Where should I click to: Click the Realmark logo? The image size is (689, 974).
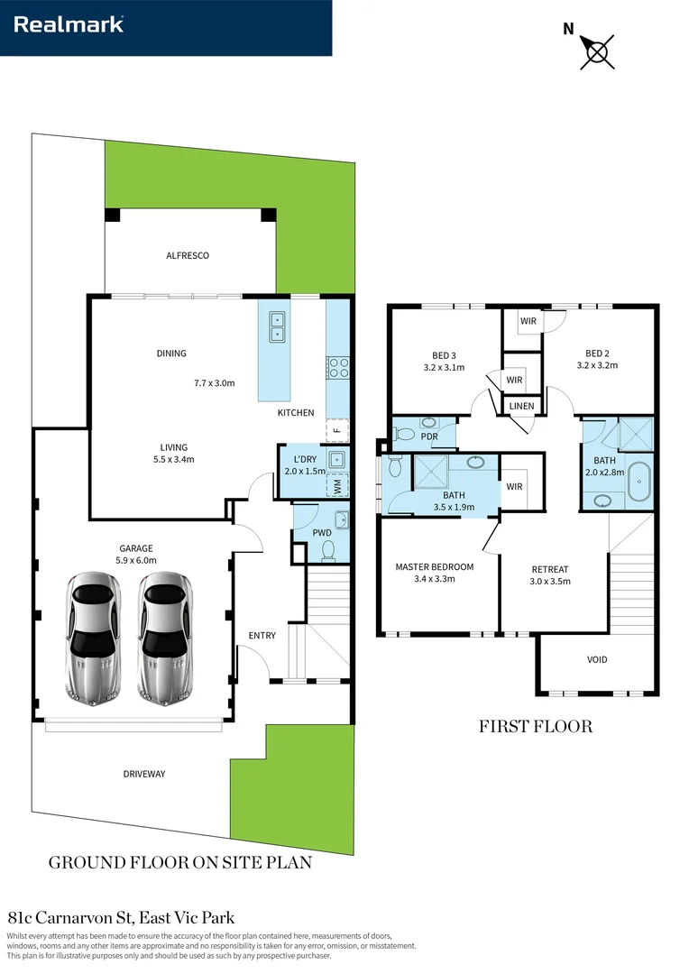click(x=69, y=25)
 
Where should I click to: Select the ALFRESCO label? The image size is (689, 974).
click(x=188, y=255)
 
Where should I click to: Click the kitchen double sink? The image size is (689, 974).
click(x=277, y=326)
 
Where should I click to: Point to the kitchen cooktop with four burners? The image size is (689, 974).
click(x=337, y=367)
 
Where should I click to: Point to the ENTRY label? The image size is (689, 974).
click(x=262, y=636)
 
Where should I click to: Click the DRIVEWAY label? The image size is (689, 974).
click(x=144, y=774)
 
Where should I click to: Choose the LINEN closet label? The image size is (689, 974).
click(x=521, y=407)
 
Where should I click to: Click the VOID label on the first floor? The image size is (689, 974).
click(x=597, y=659)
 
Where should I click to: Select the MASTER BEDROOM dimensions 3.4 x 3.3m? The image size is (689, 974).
click(x=434, y=579)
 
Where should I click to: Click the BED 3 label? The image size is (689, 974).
click(x=444, y=354)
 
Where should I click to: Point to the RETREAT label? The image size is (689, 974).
click(x=550, y=569)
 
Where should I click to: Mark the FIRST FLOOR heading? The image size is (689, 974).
click(x=535, y=726)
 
